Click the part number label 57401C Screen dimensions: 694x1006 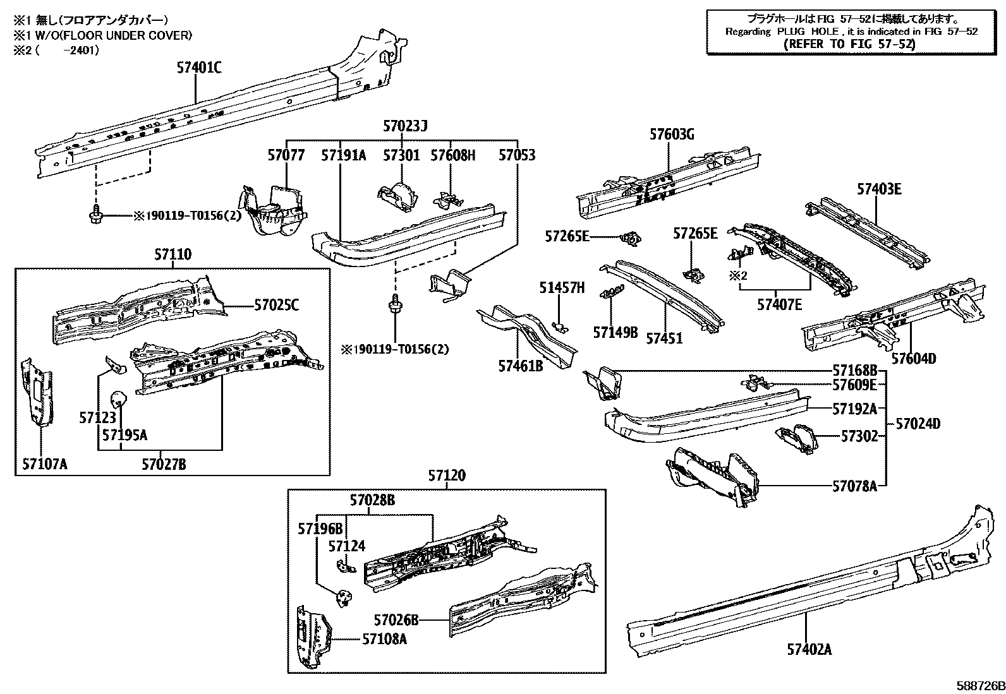coord(198,68)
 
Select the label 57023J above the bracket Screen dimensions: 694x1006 coord(405,126)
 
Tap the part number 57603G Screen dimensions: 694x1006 coord(672,134)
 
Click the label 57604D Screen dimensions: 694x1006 coord(914,359)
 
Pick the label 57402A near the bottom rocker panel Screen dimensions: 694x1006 coord(809,649)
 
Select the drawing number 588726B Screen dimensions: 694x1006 coord(979,685)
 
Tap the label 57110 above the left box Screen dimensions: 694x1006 coord(173,255)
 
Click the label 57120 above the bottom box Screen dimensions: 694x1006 coord(446,476)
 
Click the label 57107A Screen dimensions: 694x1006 coord(44,465)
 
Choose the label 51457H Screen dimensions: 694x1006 coord(562,288)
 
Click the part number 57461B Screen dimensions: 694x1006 coord(520,366)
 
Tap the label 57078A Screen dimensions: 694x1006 coord(854,486)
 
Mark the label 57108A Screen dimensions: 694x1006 coord(384,639)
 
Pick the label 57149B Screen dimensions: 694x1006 coord(615,332)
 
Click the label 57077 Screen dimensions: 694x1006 coord(286,155)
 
